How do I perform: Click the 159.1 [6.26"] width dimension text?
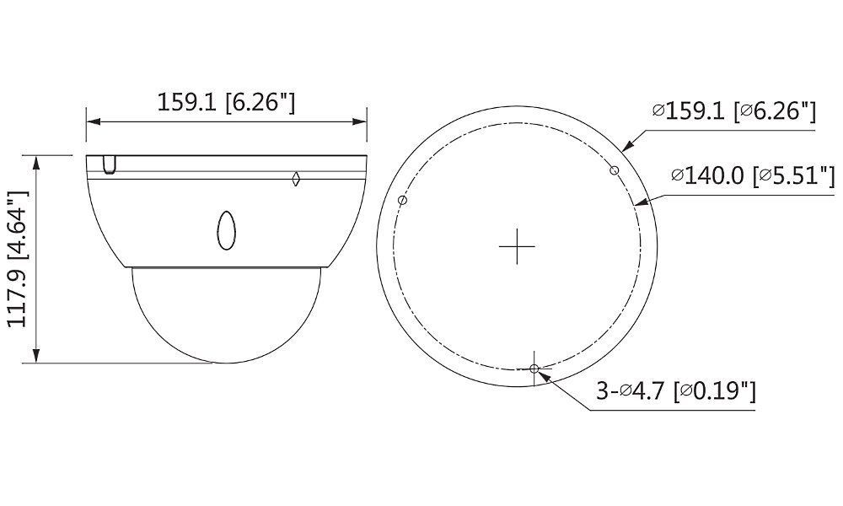click(x=226, y=103)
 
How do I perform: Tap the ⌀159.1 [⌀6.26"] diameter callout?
click(x=733, y=111)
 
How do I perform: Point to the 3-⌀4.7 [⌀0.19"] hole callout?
click(x=675, y=391)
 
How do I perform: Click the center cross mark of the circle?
click(x=517, y=247)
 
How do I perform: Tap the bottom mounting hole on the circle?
click(x=534, y=368)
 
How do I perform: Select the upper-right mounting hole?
click(x=615, y=171)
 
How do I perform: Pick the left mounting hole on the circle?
click(x=402, y=201)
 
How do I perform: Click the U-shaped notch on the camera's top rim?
click(x=108, y=165)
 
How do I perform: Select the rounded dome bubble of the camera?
click(x=226, y=316)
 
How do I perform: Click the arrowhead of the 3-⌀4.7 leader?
click(x=545, y=375)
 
